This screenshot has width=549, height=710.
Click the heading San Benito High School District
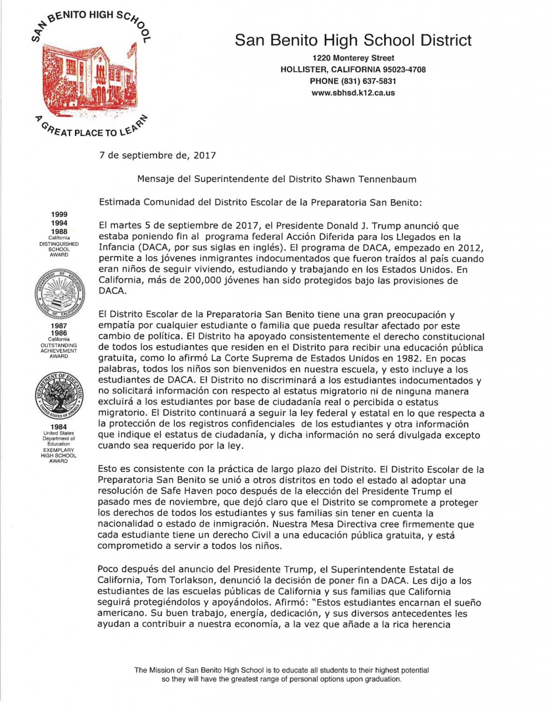pyautogui.click(x=353, y=40)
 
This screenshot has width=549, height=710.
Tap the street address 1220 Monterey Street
pyautogui.click(x=353, y=58)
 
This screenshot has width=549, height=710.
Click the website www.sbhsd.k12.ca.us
pyautogui.click(x=353, y=93)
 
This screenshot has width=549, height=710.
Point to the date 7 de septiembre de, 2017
pyautogui.click(x=157, y=156)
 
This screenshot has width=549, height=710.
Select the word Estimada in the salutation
pyautogui.click(x=119, y=202)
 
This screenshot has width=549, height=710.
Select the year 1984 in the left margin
pyautogui.click(x=59, y=427)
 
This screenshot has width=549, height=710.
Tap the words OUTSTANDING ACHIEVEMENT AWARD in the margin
pyautogui.click(x=59, y=351)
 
